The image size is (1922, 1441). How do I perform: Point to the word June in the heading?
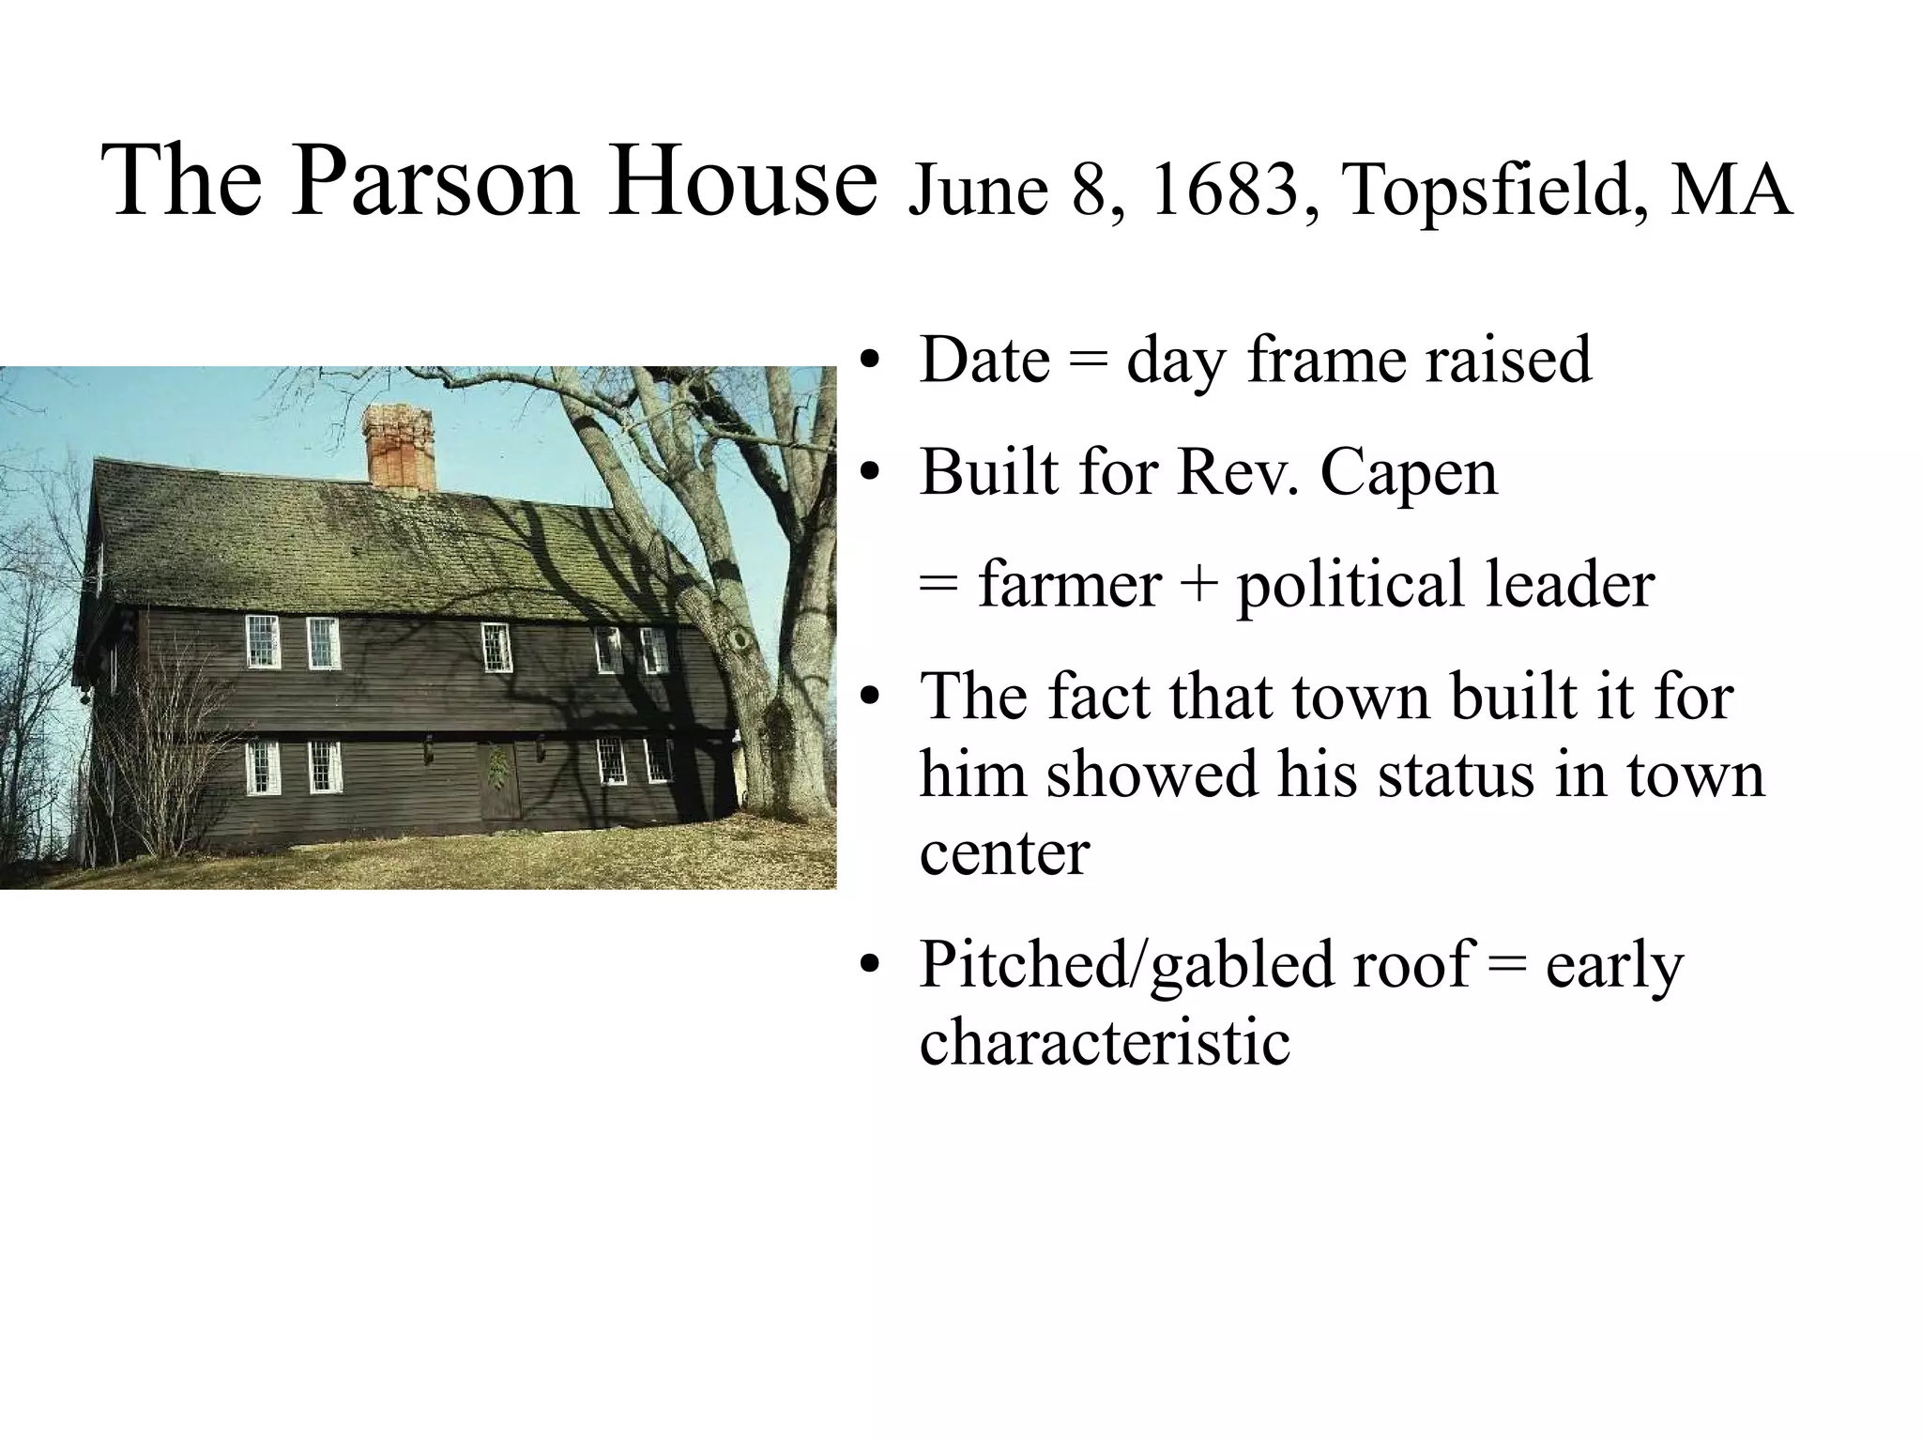point(978,191)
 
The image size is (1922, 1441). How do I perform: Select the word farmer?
point(1069,584)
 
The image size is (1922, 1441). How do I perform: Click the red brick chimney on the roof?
point(399,446)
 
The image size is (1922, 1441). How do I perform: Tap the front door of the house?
point(498,781)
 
